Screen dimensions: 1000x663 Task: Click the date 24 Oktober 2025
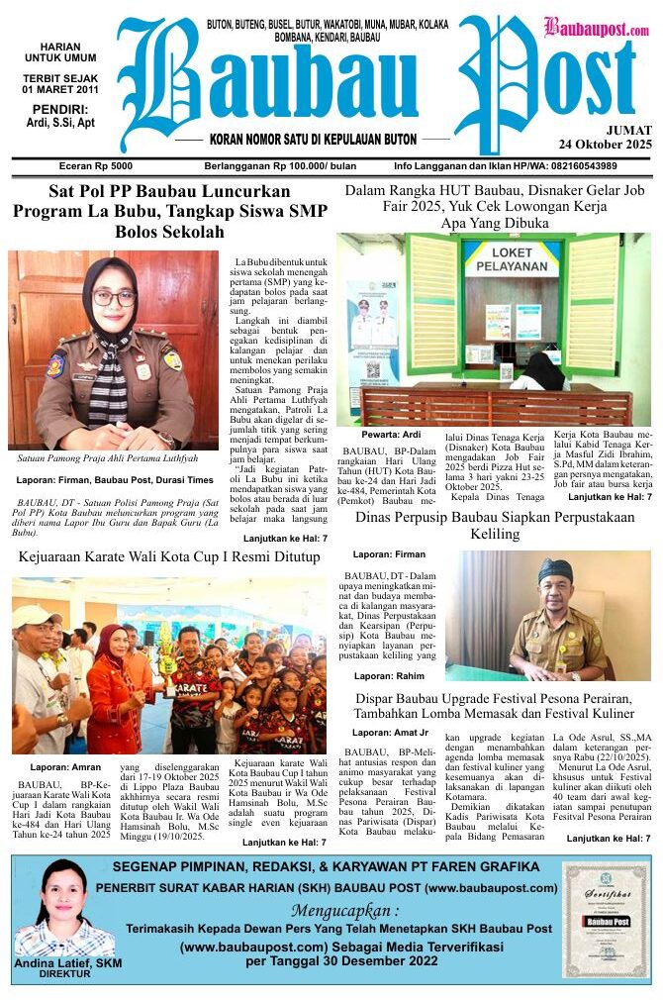pos(605,145)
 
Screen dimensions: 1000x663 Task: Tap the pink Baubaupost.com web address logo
pos(597,29)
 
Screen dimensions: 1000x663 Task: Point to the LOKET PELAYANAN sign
pos(512,259)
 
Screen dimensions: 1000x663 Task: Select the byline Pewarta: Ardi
pos(373,435)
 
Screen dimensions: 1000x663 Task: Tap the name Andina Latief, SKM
pos(62,963)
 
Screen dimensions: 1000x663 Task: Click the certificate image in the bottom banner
pos(605,920)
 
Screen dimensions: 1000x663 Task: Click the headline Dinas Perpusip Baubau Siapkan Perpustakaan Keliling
pos(495,525)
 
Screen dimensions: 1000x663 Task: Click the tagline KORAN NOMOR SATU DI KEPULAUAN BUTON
pos(314,141)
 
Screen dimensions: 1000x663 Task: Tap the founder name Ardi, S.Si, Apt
pos(60,123)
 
